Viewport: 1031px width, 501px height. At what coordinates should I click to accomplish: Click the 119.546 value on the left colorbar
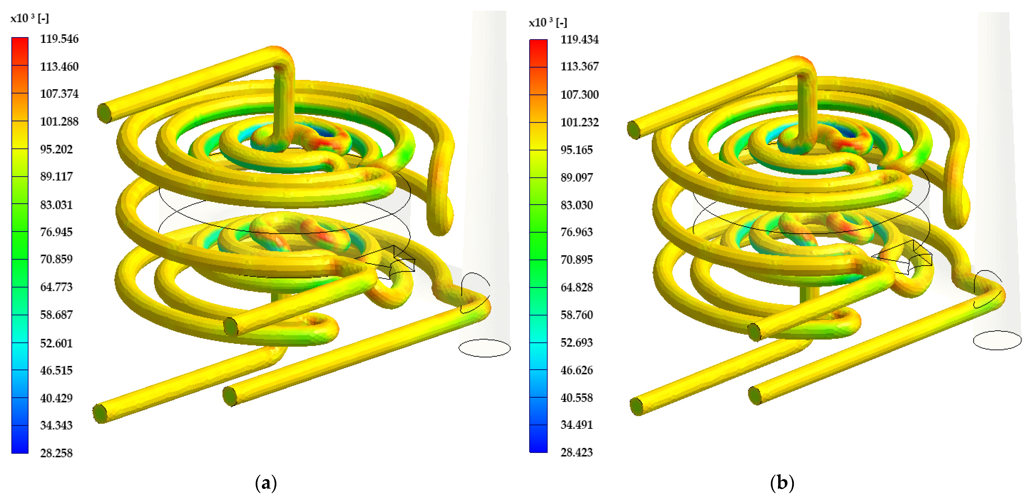point(59,39)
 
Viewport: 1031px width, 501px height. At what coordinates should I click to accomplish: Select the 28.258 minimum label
point(56,453)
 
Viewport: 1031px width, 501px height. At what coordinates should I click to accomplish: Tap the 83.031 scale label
point(56,205)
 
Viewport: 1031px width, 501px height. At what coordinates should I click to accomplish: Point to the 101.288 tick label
point(59,121)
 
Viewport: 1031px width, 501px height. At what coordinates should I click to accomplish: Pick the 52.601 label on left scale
point(56,343)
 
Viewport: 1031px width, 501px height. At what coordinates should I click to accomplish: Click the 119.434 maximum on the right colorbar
point(580,39)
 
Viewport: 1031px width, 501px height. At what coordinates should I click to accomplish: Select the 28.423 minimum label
point(577,452)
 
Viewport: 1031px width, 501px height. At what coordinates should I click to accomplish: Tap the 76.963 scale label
point(577,232)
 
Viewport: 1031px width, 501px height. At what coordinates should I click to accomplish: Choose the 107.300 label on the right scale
point(580,95)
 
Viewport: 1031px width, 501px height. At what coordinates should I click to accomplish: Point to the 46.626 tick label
point(577,370)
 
